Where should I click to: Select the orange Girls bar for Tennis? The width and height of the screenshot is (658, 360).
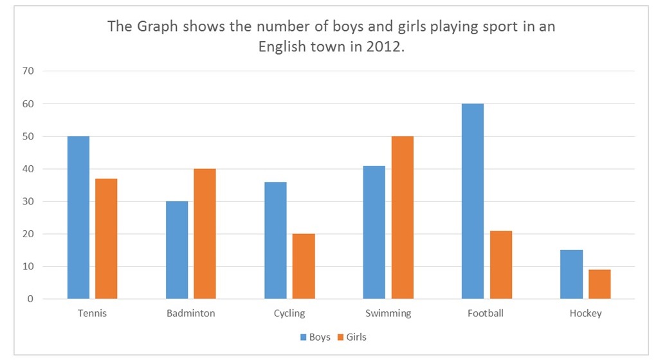[106, 239]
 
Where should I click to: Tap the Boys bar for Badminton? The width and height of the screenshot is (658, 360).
[177, 250]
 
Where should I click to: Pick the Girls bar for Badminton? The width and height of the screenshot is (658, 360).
[205, 234]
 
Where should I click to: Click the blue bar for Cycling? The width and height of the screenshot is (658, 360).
[275, 240]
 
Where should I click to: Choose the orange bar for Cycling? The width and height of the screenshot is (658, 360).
[304, 266]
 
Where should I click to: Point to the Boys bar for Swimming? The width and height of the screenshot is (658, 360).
[374, 232]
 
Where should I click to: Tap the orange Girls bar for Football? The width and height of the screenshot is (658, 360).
[501, 264]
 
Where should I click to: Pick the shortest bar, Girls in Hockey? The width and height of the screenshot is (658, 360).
[599, 284]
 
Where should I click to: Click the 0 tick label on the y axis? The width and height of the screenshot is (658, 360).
[30, 299]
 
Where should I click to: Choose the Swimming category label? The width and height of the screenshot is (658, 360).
[388, 314]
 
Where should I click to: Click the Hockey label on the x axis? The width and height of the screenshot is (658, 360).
[585, 314]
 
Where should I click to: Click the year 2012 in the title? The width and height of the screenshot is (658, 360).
[381, 48]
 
